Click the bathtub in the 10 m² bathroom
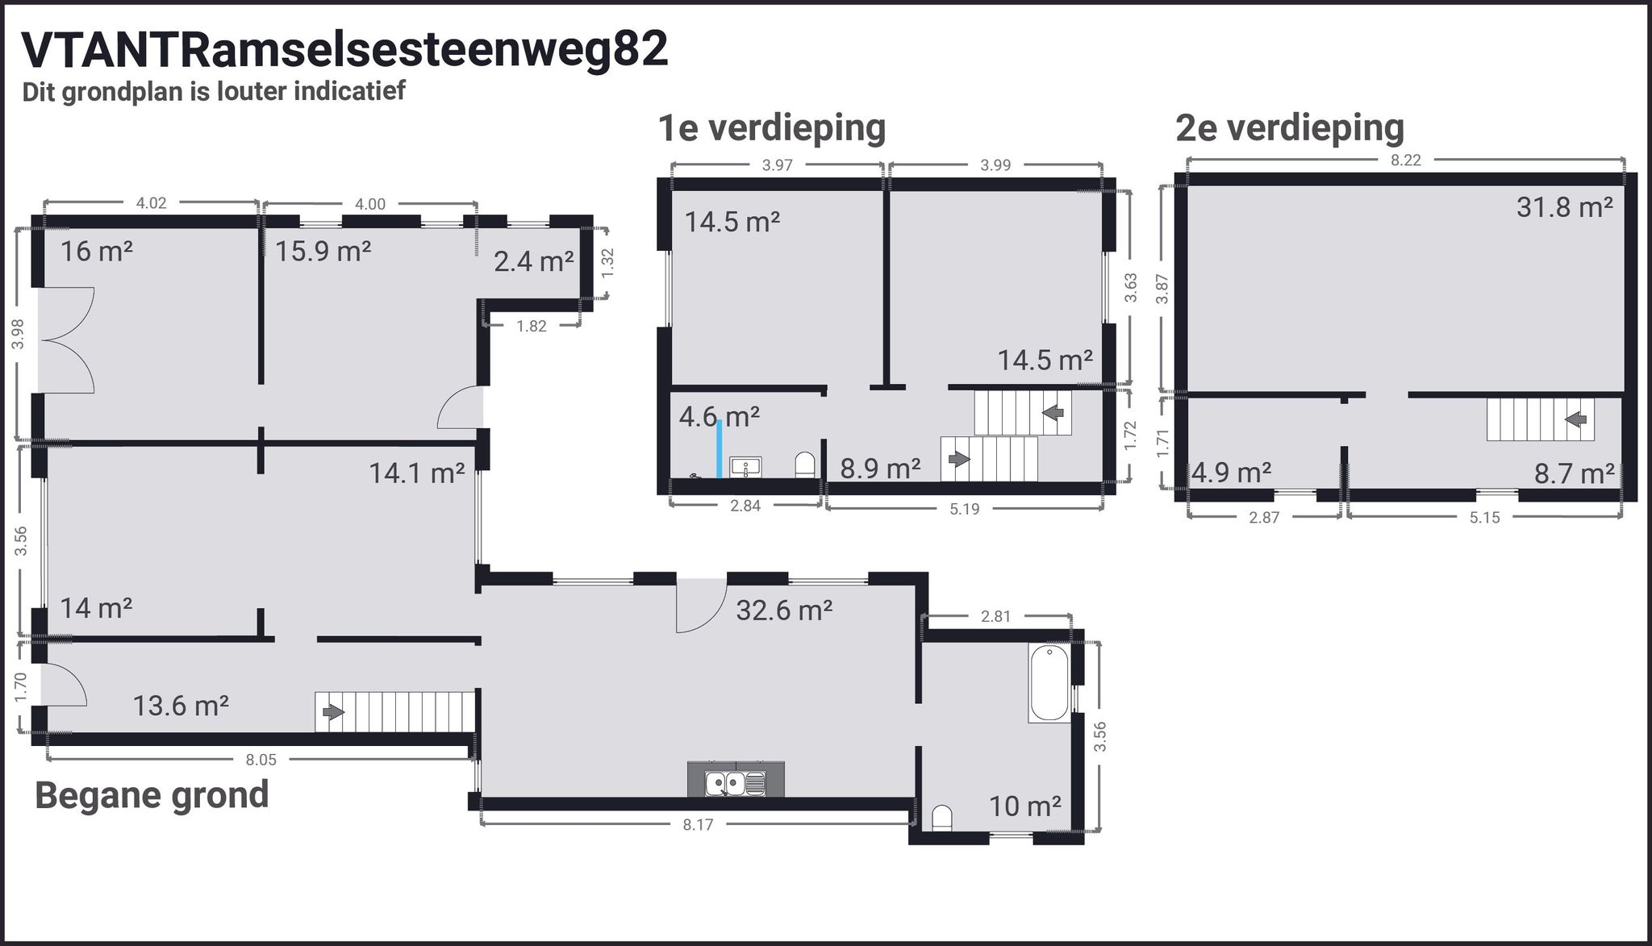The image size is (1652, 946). click(x=1049, y=682)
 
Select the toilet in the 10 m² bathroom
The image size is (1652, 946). click(x=941, y=819)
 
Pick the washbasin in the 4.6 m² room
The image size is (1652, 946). click(x=746, y=467)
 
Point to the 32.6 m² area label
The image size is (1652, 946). click(x=784, y=611)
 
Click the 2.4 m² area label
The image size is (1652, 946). click(x=533, y=261)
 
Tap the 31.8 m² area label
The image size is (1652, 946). click(x=1564, y=207)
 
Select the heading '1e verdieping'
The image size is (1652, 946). click(x=772, y=127)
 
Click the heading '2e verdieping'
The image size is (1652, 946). click(x=1290, y=127)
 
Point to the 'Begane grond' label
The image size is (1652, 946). click(x=152, y=795)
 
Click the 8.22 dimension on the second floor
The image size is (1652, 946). click(x=1405, y=160)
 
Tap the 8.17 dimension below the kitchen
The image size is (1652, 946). click(x=698, y=824)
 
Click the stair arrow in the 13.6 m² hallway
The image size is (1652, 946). click(x=332, y=712)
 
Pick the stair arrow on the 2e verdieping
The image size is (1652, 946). click(x=1576, y=419)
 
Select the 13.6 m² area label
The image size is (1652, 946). click(x=181, y=706)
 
